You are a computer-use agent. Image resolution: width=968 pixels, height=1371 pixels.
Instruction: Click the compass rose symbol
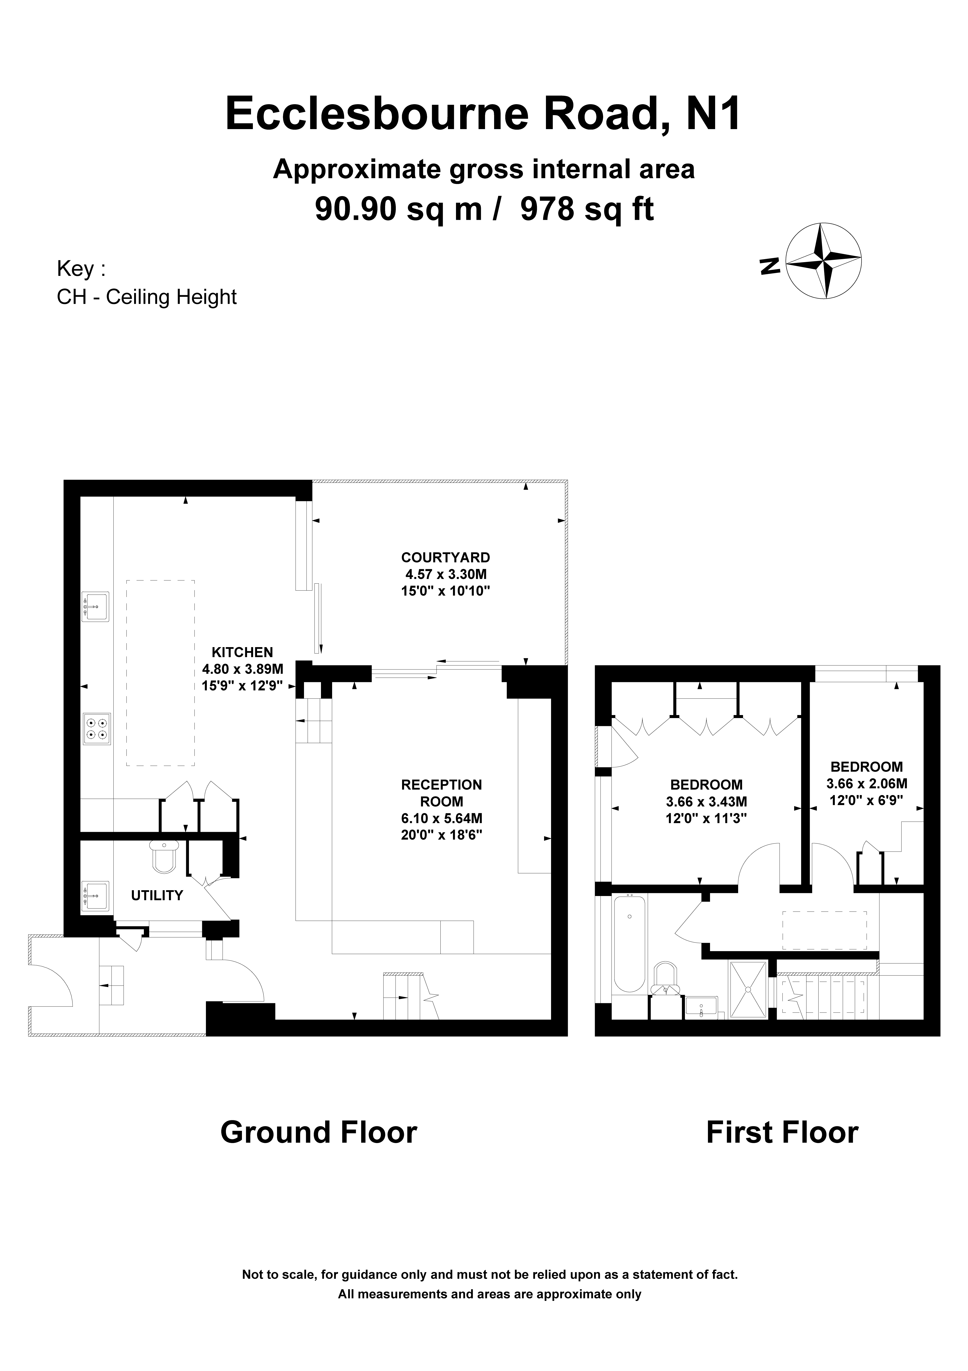[x=824, y=260]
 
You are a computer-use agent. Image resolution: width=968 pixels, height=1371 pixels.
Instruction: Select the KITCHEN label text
[x=242, y=653]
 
